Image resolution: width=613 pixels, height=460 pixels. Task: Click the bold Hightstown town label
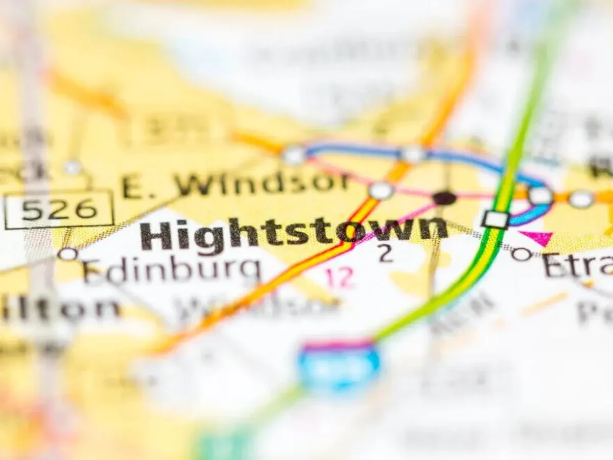[x=294, y=233]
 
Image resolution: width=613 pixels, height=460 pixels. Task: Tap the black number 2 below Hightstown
[x=386, y=254]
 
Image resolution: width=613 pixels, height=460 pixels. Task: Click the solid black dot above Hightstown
[x=444, y=198]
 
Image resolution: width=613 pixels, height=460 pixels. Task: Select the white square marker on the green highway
[x=495, y=219]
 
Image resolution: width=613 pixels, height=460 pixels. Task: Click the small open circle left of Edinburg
[x=67, y=254]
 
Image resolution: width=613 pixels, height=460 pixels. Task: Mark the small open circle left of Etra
[x=522, y=253]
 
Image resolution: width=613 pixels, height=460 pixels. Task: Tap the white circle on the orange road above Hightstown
[x=381, y=191]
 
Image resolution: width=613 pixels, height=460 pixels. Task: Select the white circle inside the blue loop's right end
[x=540, y=195]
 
